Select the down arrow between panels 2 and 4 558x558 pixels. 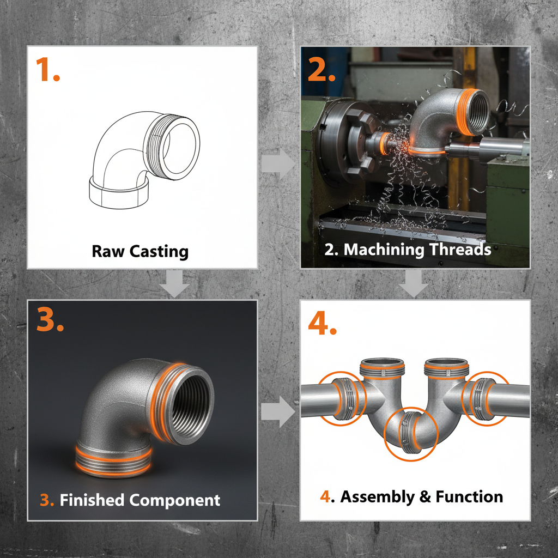pyautogui.click(x=415, y=284)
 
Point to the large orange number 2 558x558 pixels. pyautogui.click(x=322, y=69)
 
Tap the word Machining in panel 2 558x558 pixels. pyautogui.click(x=382, y=249)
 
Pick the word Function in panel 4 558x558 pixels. pyautogui.click(x=471, y=496)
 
